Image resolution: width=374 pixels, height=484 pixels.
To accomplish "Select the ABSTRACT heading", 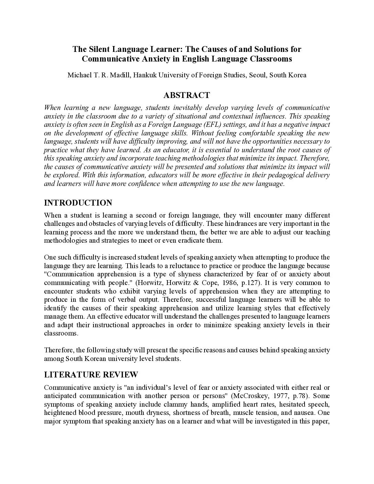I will click(x=187, y=95).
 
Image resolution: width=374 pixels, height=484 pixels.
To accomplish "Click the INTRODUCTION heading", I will click(x=78, y=202).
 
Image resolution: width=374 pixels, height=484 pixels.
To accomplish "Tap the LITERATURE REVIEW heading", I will click(x=91, y=374).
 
